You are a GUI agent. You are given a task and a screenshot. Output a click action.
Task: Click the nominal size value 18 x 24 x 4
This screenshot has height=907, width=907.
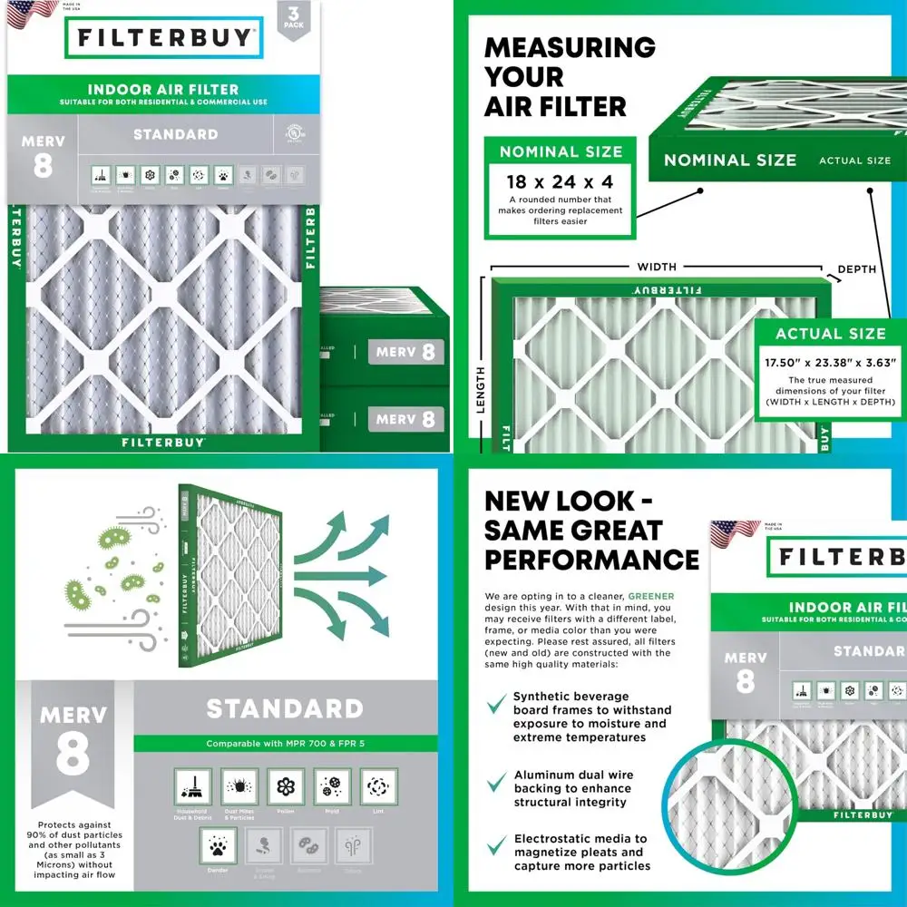tap(560, 182)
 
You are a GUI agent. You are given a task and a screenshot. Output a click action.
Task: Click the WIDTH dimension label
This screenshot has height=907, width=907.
tap(657, 267)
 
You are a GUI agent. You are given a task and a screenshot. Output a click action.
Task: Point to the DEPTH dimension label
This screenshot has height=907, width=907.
tap(857, 268)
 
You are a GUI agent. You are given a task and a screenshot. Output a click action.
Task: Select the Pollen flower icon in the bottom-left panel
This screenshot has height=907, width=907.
tap(286, 786)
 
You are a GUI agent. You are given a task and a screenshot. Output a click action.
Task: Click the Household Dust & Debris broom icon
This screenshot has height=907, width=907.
tap(191, 786)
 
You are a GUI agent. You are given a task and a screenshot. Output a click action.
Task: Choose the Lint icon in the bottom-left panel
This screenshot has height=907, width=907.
tap(379, 786)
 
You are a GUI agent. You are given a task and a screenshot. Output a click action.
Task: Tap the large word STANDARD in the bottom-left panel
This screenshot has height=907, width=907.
tap(284, 708)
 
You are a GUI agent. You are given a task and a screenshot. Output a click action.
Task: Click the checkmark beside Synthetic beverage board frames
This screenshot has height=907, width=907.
tap(496, 704)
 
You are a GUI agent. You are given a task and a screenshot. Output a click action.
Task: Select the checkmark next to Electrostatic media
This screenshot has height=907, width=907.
tap(496, 846)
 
